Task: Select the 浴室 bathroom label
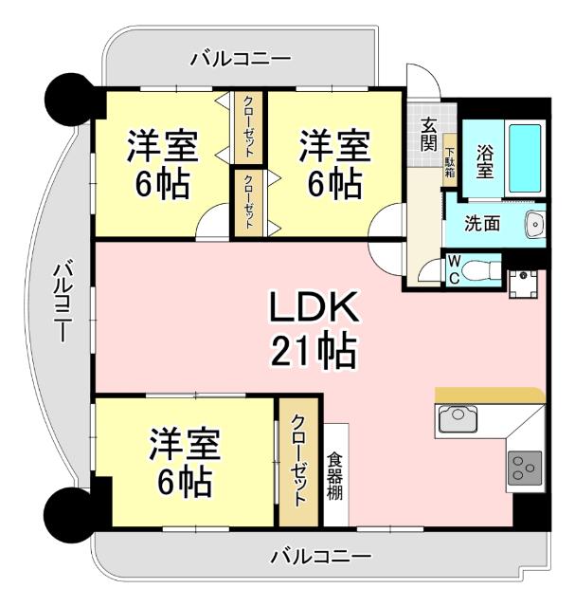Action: coord(484,160)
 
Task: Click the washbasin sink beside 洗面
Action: coord(534,225)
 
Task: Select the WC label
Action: coord(454,267)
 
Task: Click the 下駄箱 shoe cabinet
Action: coord(450,163)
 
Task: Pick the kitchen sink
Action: coord(459,417)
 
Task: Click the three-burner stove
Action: coord(524,466)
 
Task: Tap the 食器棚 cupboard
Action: coord(335,474)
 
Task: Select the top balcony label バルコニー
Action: coord(241,59)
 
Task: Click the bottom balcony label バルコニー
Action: coord(320,556)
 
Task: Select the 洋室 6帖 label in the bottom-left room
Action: coord(186,462)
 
